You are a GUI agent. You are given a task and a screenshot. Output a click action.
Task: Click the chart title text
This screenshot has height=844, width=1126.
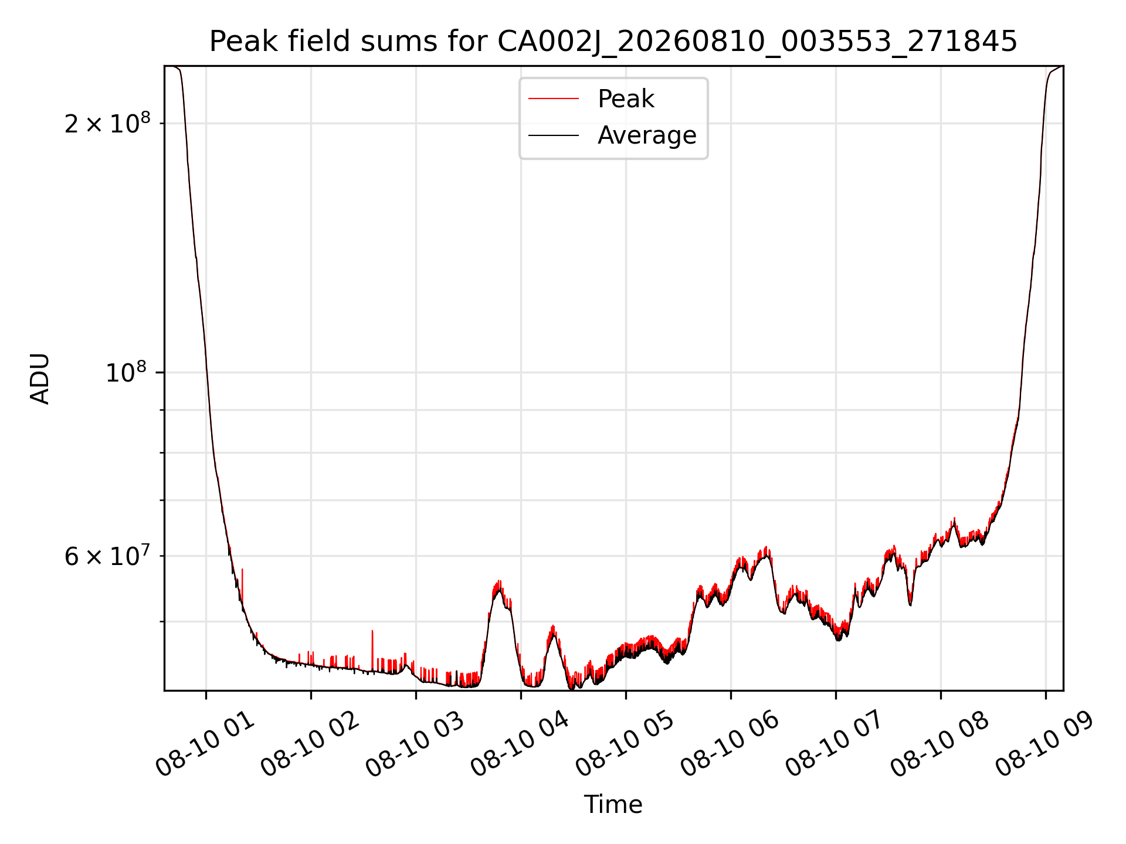click(x=613, y=42)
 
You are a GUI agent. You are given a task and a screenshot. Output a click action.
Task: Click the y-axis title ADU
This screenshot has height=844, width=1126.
click(x=40, y=379)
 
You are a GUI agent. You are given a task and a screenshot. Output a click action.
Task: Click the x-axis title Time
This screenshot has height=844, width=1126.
click(x=613, y=804)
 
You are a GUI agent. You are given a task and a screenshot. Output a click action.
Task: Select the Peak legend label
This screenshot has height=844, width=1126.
click(x=626, y=98)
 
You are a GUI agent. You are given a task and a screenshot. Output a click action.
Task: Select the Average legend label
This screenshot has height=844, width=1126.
click(x=647, y=135)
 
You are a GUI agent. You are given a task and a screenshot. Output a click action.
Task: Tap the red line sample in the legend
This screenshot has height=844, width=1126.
click(x=554, y=98)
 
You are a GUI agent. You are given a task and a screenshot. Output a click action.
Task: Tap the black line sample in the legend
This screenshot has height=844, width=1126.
click(x=554, y=135)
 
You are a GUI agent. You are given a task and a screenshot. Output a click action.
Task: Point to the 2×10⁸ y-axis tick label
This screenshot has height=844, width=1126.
click(x=107, y=123)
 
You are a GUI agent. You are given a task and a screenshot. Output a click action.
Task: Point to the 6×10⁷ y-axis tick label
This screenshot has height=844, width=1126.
click(x=107, y=556)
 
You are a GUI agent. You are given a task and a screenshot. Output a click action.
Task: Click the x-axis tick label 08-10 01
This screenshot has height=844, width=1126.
click(x=205, y=746)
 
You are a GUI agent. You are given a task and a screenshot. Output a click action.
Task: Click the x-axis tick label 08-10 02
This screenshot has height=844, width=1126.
click(x=310, y=746)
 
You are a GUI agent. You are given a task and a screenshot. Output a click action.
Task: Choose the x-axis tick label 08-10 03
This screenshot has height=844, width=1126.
click(x=415, y=746)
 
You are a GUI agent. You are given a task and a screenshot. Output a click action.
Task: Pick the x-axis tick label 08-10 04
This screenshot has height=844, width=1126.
click(x=520, y=746)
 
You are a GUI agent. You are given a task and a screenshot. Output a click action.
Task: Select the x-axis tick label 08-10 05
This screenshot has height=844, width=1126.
click(x=625, y=746)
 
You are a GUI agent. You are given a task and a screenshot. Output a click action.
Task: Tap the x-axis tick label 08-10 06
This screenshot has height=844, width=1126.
click(x=730, y=746)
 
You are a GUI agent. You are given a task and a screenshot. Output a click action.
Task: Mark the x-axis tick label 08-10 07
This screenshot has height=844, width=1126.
click(x=835, y=746)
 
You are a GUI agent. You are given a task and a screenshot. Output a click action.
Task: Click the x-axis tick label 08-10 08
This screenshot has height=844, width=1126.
click(x=940, y=746)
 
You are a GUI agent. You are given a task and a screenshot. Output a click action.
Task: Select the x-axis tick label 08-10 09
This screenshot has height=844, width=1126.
click(x=1045, y=746)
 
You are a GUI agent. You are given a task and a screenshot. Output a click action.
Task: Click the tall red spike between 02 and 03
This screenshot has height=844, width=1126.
click(x=372, y=651)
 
